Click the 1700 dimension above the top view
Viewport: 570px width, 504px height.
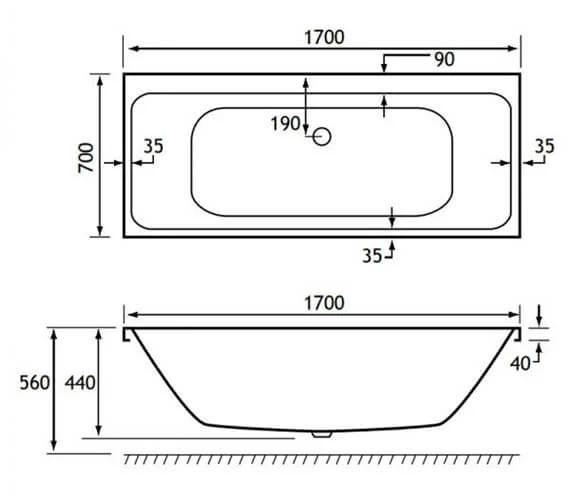(321, 37)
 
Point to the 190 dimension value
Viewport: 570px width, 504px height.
(285, 124)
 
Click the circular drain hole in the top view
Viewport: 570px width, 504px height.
(322, 138)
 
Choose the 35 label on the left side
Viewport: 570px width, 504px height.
(153, 146)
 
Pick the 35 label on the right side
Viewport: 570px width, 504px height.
(543, 146)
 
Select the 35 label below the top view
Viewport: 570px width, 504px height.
(372, 255)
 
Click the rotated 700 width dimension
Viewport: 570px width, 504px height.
(86, 156)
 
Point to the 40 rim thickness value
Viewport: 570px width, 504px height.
(518, 364)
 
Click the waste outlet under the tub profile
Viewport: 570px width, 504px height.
(322, 435)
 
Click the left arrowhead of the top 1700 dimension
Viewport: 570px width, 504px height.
(128, 49)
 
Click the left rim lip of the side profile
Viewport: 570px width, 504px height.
(127, 334)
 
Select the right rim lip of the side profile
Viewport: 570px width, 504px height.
(517, 334)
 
